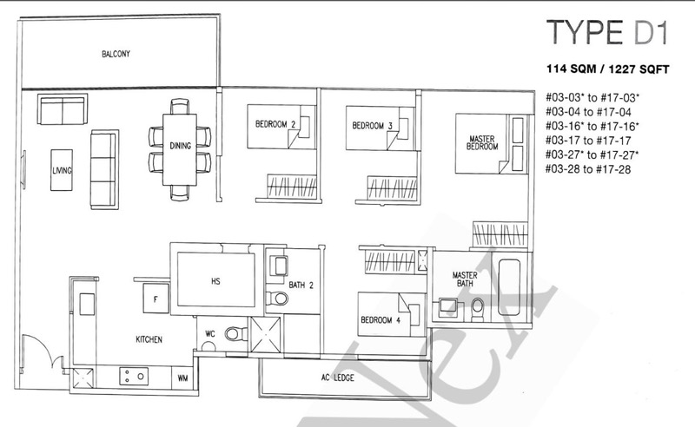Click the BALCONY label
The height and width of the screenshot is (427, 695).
pyautogui.click(x=116, y=54)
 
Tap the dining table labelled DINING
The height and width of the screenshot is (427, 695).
pyautogui.click(x=180, y=150)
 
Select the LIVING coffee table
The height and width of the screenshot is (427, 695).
pyautogui.click(x=62, y=170)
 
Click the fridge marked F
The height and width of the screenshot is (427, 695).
pyautogui.click(x=156, y=299)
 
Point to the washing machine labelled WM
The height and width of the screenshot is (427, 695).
pyautogui.click(x=182, y=378)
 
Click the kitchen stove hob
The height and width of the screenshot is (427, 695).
pyautogui.click(x=134, y=377)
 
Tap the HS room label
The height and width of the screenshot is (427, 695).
pyautogui.click(x=215, y=281)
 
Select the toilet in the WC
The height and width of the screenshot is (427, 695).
pyautogui.click(x=235, y=333)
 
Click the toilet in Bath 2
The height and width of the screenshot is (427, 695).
pyautogui.click(x=276, y=298)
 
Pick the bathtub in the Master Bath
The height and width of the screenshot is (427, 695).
pyautogui.click(x=509, y=287)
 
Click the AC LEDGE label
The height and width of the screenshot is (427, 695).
pyautogui.click(x=338, y=378)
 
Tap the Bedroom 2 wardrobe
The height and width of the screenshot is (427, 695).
pyautogui.click(x=292, y=187)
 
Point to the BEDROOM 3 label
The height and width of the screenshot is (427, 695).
pyautogui.click(x=373, y=126)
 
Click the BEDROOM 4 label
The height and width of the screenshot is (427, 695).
pyautogui.click(x=381, y=319)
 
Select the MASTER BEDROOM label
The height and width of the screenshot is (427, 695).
pyautogui.click(x=482, y=142)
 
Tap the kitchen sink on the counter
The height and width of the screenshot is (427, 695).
pyautogui.click(x=87, y=305)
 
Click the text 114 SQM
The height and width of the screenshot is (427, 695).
pyautogui.click(x=570, y=69)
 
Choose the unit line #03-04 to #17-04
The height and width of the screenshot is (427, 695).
pyautogui.click(x=589, y=112)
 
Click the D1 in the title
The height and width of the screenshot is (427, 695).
pyautogui.click(x=650, y=32)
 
